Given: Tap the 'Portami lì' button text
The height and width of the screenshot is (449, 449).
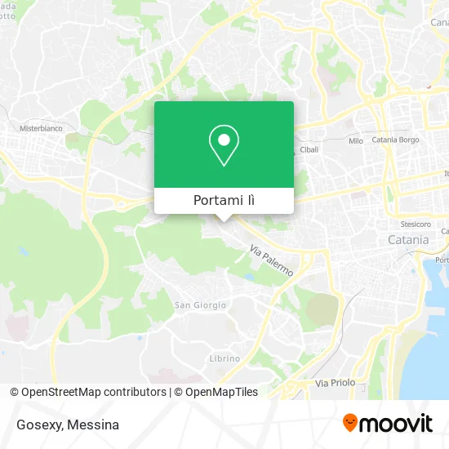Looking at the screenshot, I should (224, 201).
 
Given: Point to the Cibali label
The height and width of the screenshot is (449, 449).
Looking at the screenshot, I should (309, 150).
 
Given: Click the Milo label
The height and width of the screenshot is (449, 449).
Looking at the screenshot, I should (355, 141).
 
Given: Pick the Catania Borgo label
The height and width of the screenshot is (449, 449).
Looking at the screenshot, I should (395, 141).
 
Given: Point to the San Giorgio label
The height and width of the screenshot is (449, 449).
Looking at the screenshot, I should (200, 305).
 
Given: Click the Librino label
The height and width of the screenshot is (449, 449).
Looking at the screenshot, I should (224, 358).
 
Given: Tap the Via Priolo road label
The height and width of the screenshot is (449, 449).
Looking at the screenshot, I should (332, 382).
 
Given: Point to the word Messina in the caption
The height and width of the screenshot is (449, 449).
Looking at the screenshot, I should (94, 425).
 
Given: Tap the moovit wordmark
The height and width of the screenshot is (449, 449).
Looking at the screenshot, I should (397, 424).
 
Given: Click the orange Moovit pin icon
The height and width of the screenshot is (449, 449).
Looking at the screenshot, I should (350, 424).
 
